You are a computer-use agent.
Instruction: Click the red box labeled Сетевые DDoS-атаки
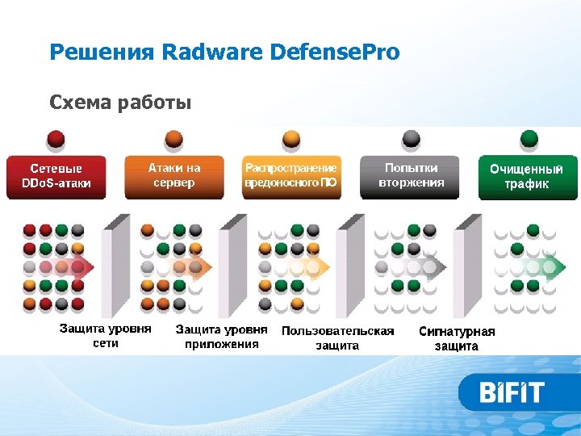coord(56,177)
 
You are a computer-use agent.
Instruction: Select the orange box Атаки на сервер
coord(173,176)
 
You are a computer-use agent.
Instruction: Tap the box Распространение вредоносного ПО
coord(291,176)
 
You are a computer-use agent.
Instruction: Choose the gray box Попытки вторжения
coord(411,176)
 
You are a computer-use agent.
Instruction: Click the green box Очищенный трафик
coord(528,178)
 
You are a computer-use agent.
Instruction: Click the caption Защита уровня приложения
coord(222,337)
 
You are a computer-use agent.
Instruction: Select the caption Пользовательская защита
coord(337,337)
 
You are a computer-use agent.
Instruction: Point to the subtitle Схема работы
coord(120,103)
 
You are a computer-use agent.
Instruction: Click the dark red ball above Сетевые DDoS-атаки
coord(56,139)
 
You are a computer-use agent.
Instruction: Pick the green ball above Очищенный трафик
coord(529,139)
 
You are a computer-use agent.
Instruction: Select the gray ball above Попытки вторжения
coord(411,139)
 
